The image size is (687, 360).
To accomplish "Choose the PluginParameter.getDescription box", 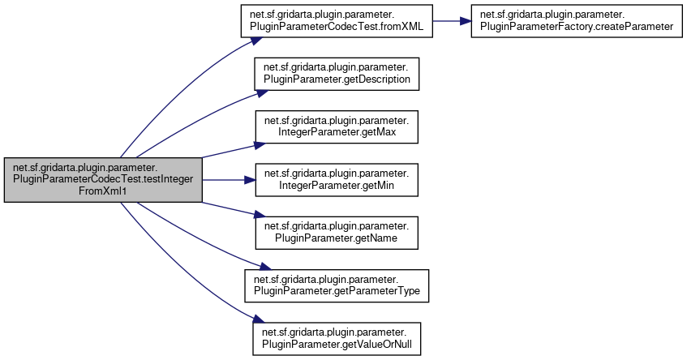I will pos(337,75).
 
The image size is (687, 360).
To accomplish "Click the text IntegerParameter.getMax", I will pos(337,133).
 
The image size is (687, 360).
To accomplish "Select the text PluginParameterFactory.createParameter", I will pos(576,27).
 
